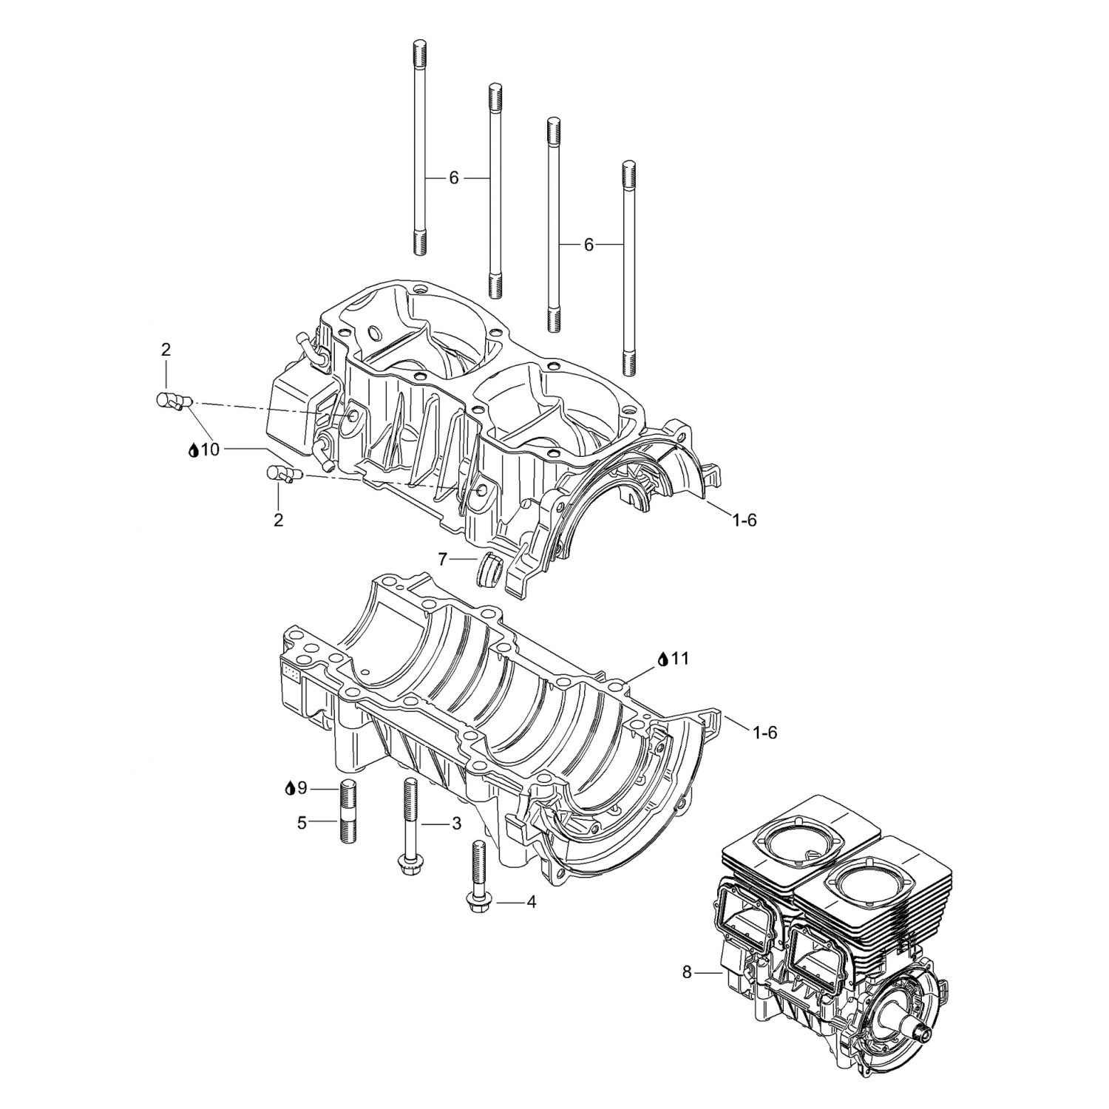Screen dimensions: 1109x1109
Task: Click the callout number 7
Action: [x=442, y=559]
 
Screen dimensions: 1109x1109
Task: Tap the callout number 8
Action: [x=687, y=973]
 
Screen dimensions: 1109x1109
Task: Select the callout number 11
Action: [x=680, y=658]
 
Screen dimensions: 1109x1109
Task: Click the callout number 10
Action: [x=211, y=449]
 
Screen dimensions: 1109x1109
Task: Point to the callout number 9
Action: [x=302, y=788]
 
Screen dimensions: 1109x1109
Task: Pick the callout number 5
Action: [x=302, y=822]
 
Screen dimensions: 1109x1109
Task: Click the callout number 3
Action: [x=456, y=823]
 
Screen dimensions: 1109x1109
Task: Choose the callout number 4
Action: [x=530, y=902]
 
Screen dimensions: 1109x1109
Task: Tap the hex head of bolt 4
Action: [x=475, y=901]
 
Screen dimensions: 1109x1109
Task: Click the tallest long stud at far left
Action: [x=420, y=148]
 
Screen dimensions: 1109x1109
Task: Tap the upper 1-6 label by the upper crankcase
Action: [x=745, y=520]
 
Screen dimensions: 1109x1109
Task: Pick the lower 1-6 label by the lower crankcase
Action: [x=764, y=732]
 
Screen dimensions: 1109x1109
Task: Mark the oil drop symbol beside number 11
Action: [x=662, y=658]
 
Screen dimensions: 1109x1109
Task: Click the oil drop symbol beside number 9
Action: [x=290, y=788]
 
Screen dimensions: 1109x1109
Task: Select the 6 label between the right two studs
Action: [x=589, y=244]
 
